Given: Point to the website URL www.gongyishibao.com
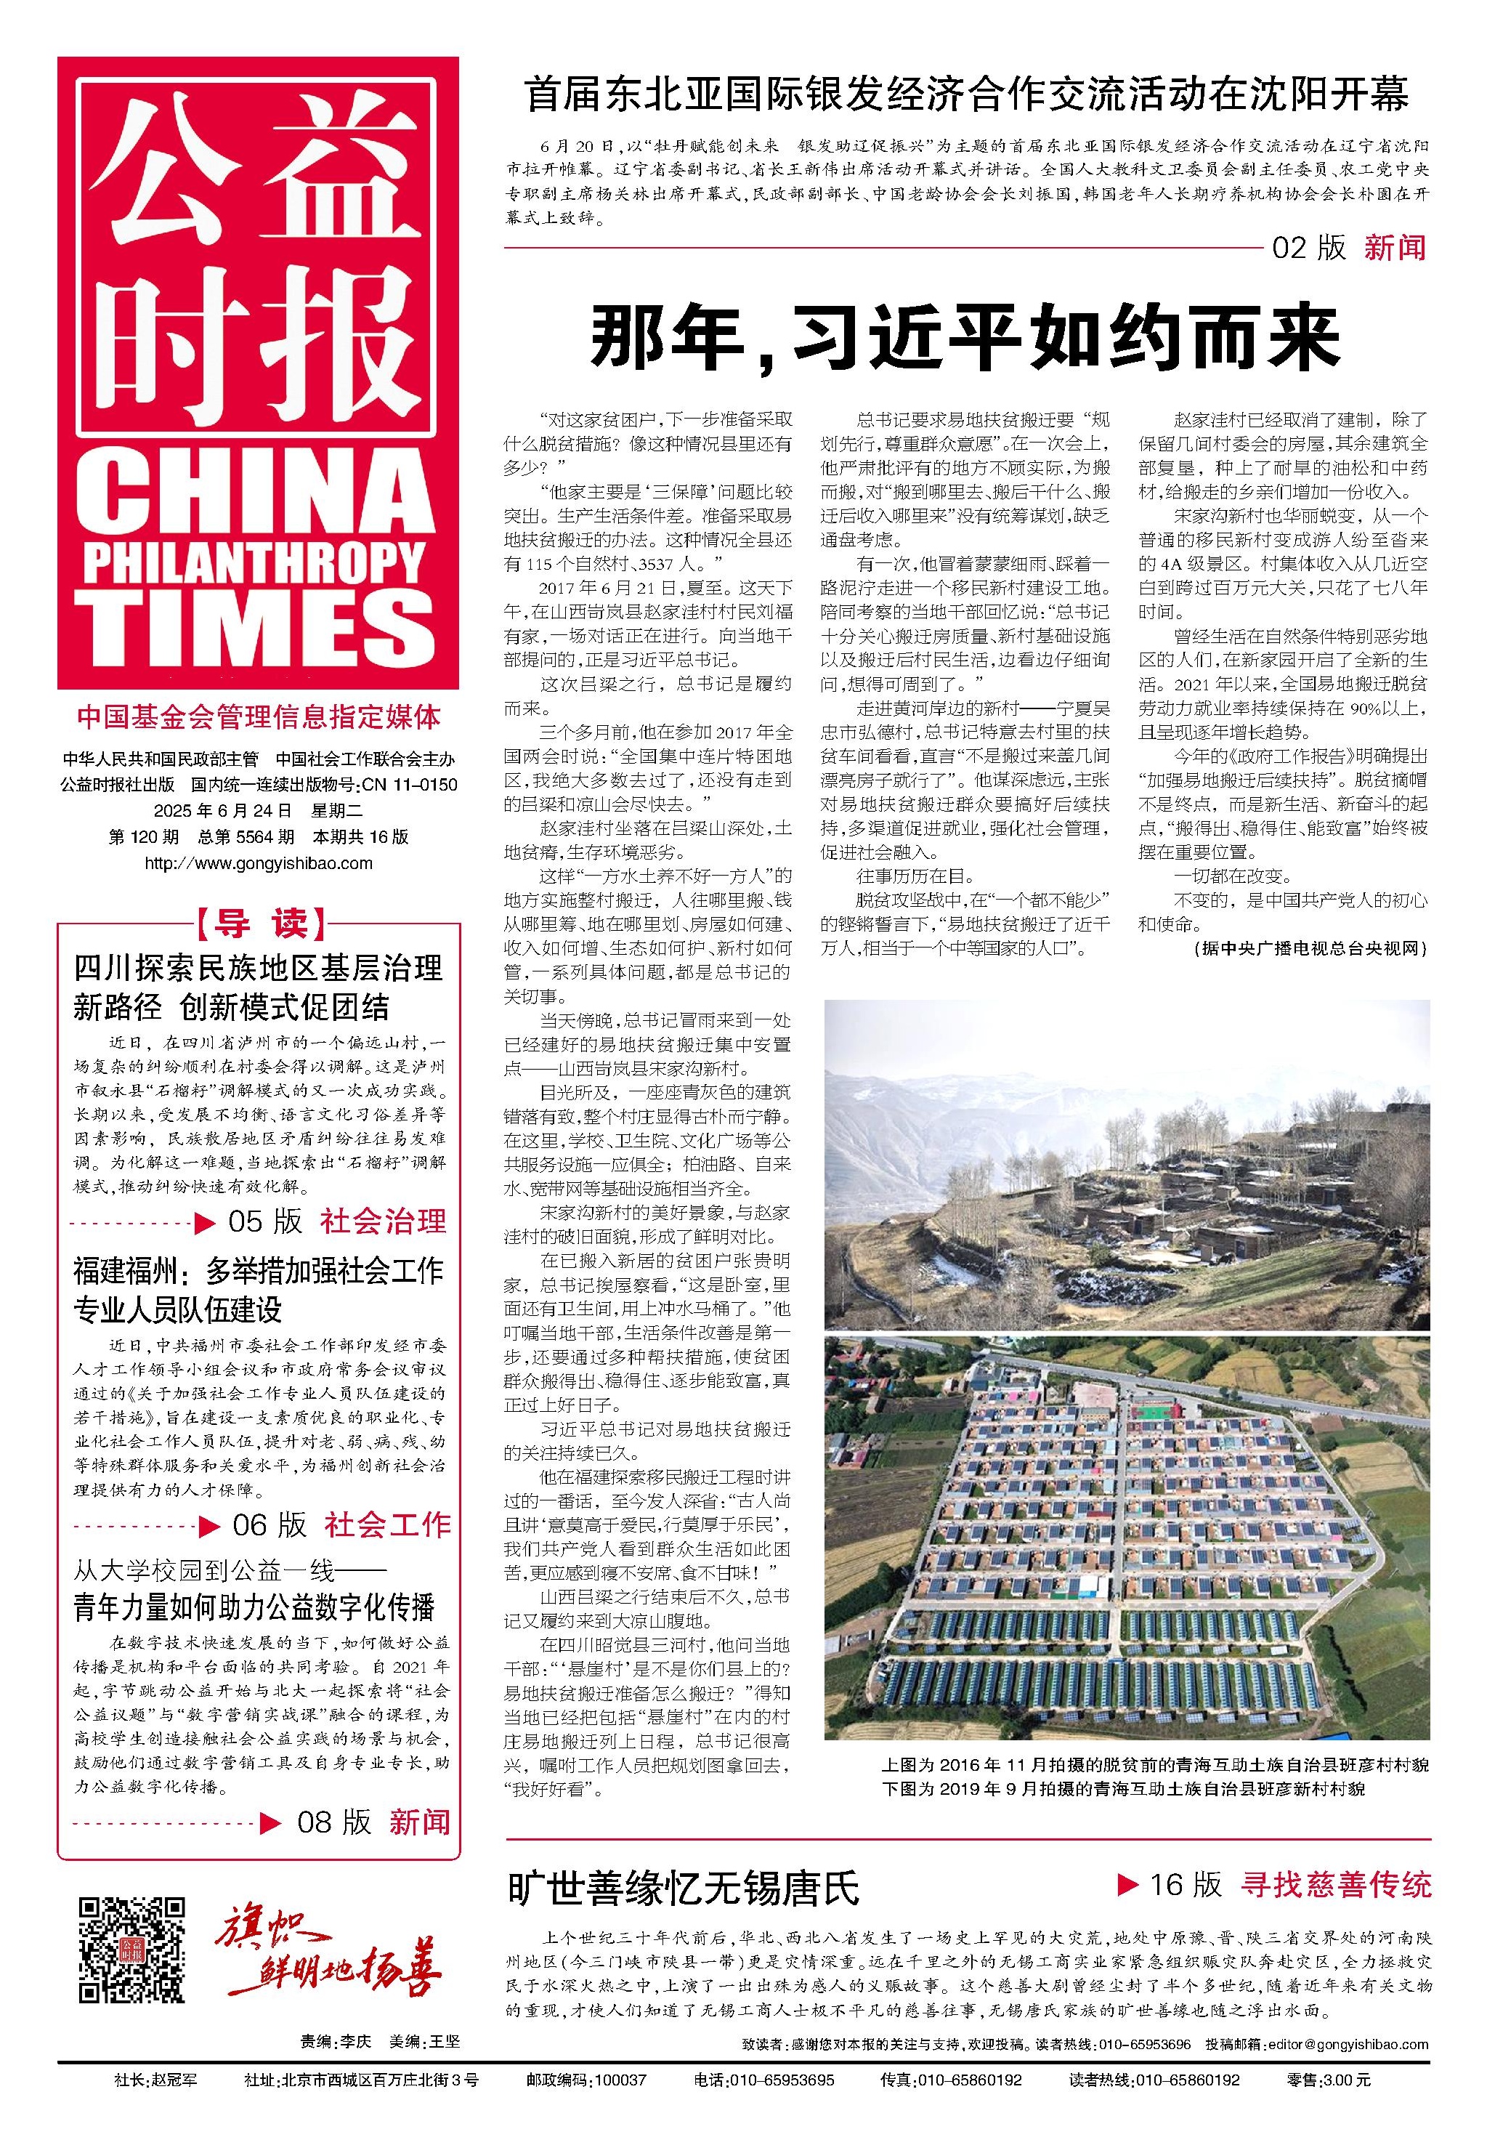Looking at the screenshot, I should [x=259, y=863].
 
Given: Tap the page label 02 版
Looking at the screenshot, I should [x=1309, y=247].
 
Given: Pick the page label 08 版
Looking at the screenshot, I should [x=333, y=1822].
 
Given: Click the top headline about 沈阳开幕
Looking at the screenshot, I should [x=966, y=96].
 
